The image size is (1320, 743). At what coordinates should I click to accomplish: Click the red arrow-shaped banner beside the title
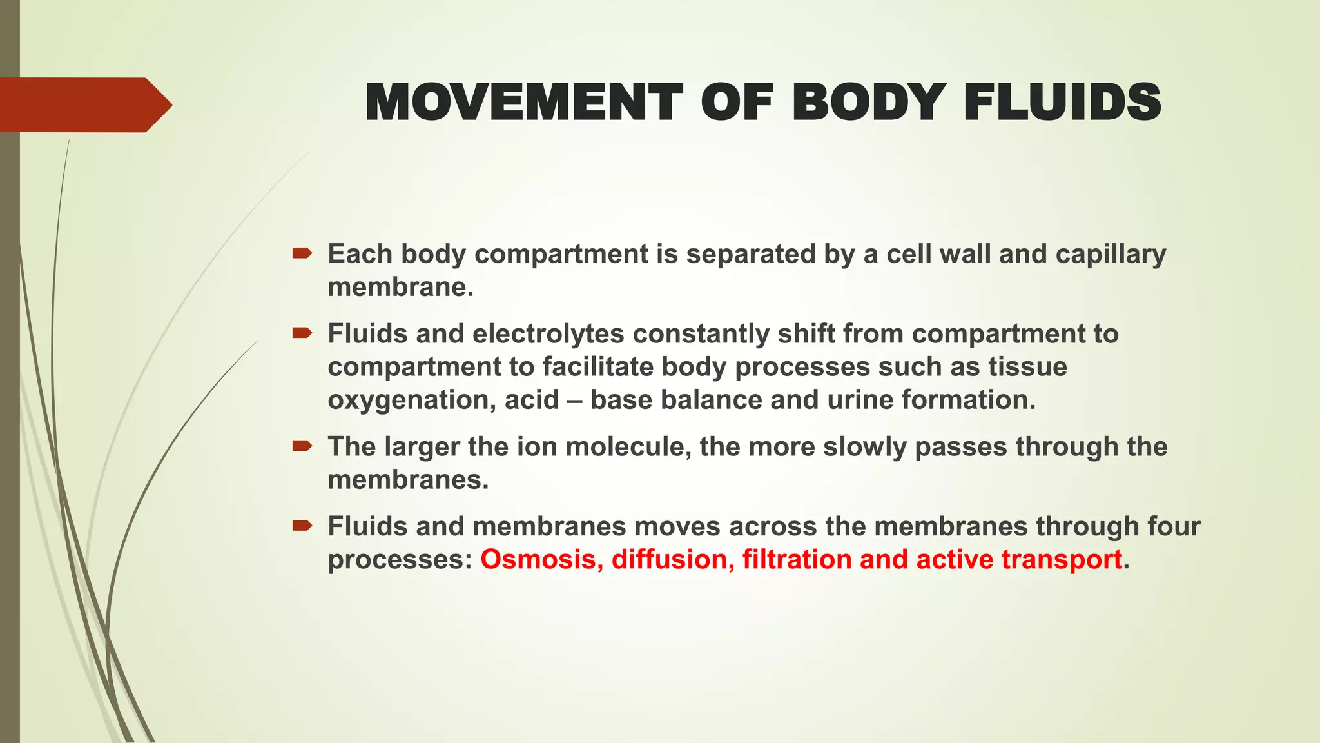click(84, 104)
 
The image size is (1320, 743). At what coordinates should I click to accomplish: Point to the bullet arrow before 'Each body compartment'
click(302, 253)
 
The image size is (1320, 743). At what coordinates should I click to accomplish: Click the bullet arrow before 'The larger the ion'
click(302, 446)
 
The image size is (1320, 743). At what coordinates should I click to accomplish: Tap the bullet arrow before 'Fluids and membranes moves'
click(302, 526)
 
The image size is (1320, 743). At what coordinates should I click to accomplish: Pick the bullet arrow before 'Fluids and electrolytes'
click(302, 333)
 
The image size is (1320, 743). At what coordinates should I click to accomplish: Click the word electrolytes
click(548, 334)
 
